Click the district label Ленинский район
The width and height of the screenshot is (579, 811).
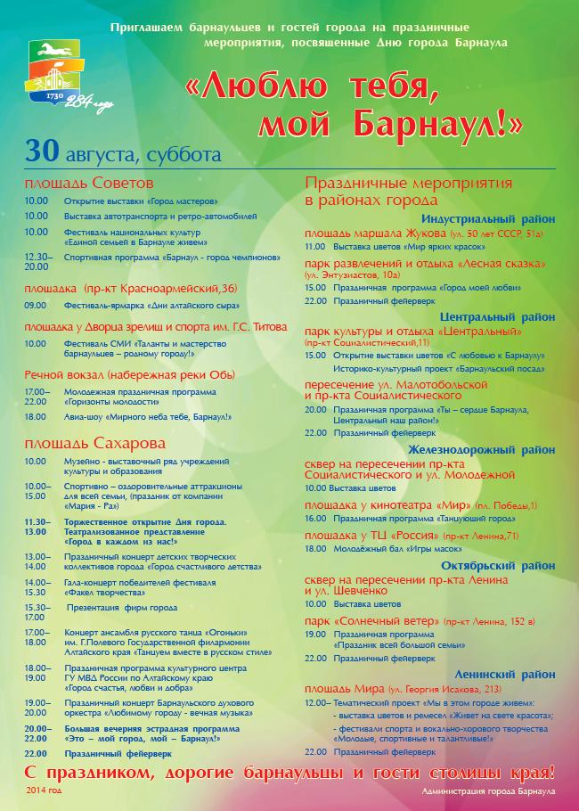click(504, 675)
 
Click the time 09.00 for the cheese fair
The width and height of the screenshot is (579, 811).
click(37, 305)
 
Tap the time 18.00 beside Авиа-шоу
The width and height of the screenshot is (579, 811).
click(37, 416)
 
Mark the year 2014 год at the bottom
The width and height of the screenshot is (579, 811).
click(45, 791)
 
